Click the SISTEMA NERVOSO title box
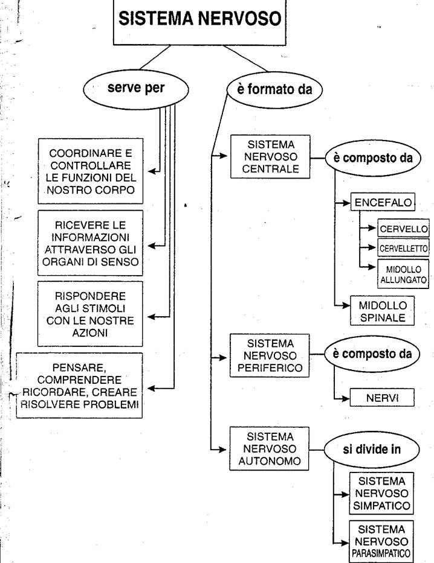[199, 22]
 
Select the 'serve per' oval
[136, 89]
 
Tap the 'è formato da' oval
[274, 90]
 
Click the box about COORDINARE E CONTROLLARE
[91, 171]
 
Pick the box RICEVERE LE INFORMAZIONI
[90, 243]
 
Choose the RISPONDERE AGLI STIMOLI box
[90, 314]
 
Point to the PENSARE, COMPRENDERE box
[79, 386]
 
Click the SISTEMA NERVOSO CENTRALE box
[270, 156]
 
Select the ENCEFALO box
[383, 202]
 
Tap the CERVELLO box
[403, 228]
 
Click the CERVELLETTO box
[403, 248]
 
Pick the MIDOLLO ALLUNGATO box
[403, 275]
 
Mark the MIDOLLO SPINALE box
[382, 311]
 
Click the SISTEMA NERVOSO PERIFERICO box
[270, 355]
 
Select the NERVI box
[382, 398]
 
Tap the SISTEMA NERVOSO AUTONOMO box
[270, 449]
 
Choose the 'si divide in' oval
[372, 450]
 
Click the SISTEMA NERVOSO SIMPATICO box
[381, 494]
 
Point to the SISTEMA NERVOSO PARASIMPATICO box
[381, 541]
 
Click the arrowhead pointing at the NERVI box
[346, 398]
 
